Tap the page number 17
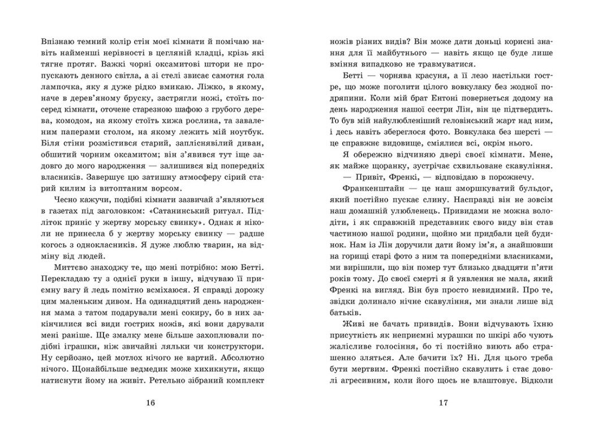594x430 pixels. [443, 403]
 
